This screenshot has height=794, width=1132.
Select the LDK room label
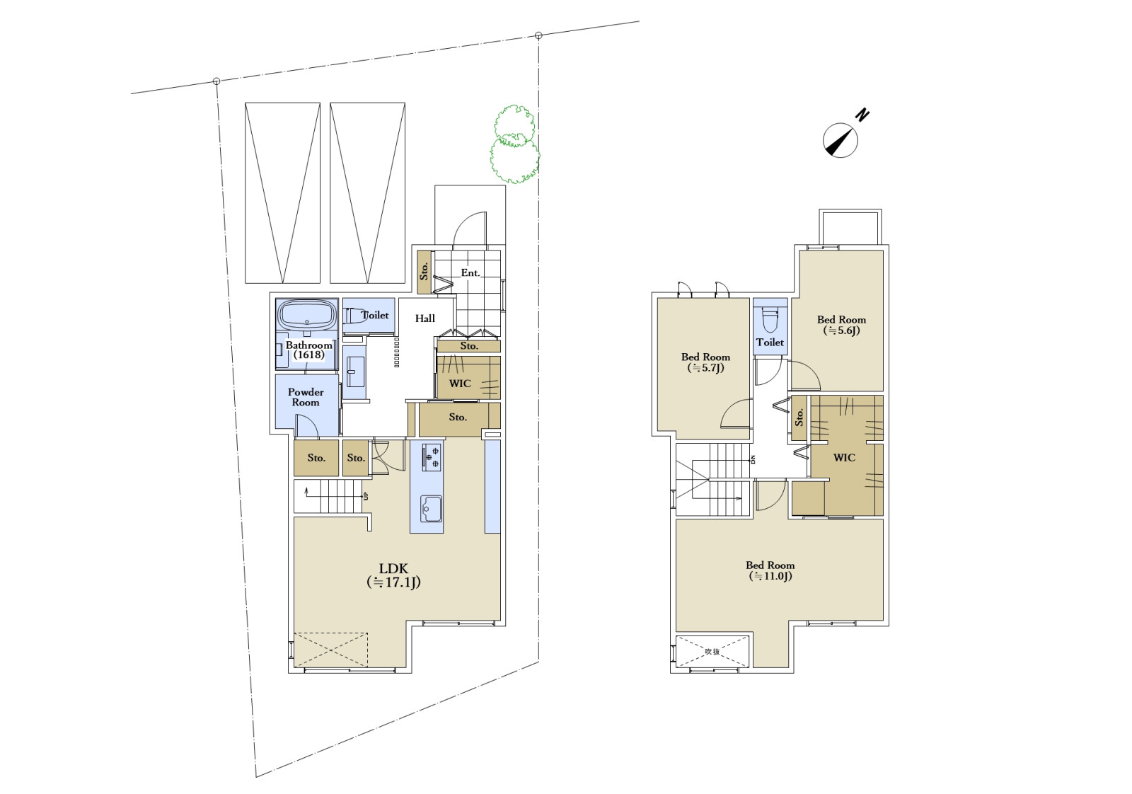click(x=393, y=575)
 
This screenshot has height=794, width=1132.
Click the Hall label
click(x=425, y=318)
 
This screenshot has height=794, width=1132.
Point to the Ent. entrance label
click(x=470, y=273)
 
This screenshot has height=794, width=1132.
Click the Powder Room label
click(x=306, y=397)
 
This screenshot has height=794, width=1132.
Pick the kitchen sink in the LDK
click(x=430, y=508)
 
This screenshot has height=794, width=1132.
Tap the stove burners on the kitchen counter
click(x=431, y=456)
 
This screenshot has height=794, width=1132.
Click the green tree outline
click(x=514, y=144)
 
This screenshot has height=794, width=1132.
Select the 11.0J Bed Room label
click(x=770, y=570)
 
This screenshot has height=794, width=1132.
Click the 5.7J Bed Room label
click(x=705, y=362)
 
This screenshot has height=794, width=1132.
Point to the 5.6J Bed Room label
click(x=841, y=325)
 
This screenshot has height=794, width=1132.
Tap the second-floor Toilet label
click(x=770, y=343)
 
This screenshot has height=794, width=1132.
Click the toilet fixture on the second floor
click(x=770, y=318)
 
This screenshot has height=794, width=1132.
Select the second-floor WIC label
click(x=845, y=457)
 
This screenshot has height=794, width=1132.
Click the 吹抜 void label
click(x=712, y=652)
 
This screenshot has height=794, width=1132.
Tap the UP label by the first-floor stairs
click(x=366, y=496)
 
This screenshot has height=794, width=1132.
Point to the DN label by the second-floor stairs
click(x=753, y=459)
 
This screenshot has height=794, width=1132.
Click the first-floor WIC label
click(x=460, y=383)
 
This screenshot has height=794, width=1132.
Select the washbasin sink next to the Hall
click(x=356, y=372)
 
